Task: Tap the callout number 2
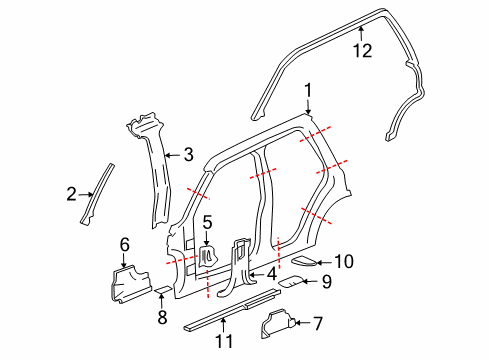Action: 71,193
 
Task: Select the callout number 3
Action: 188,155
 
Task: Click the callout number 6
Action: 124,243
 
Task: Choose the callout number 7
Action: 317,322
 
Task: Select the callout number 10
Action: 343,262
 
